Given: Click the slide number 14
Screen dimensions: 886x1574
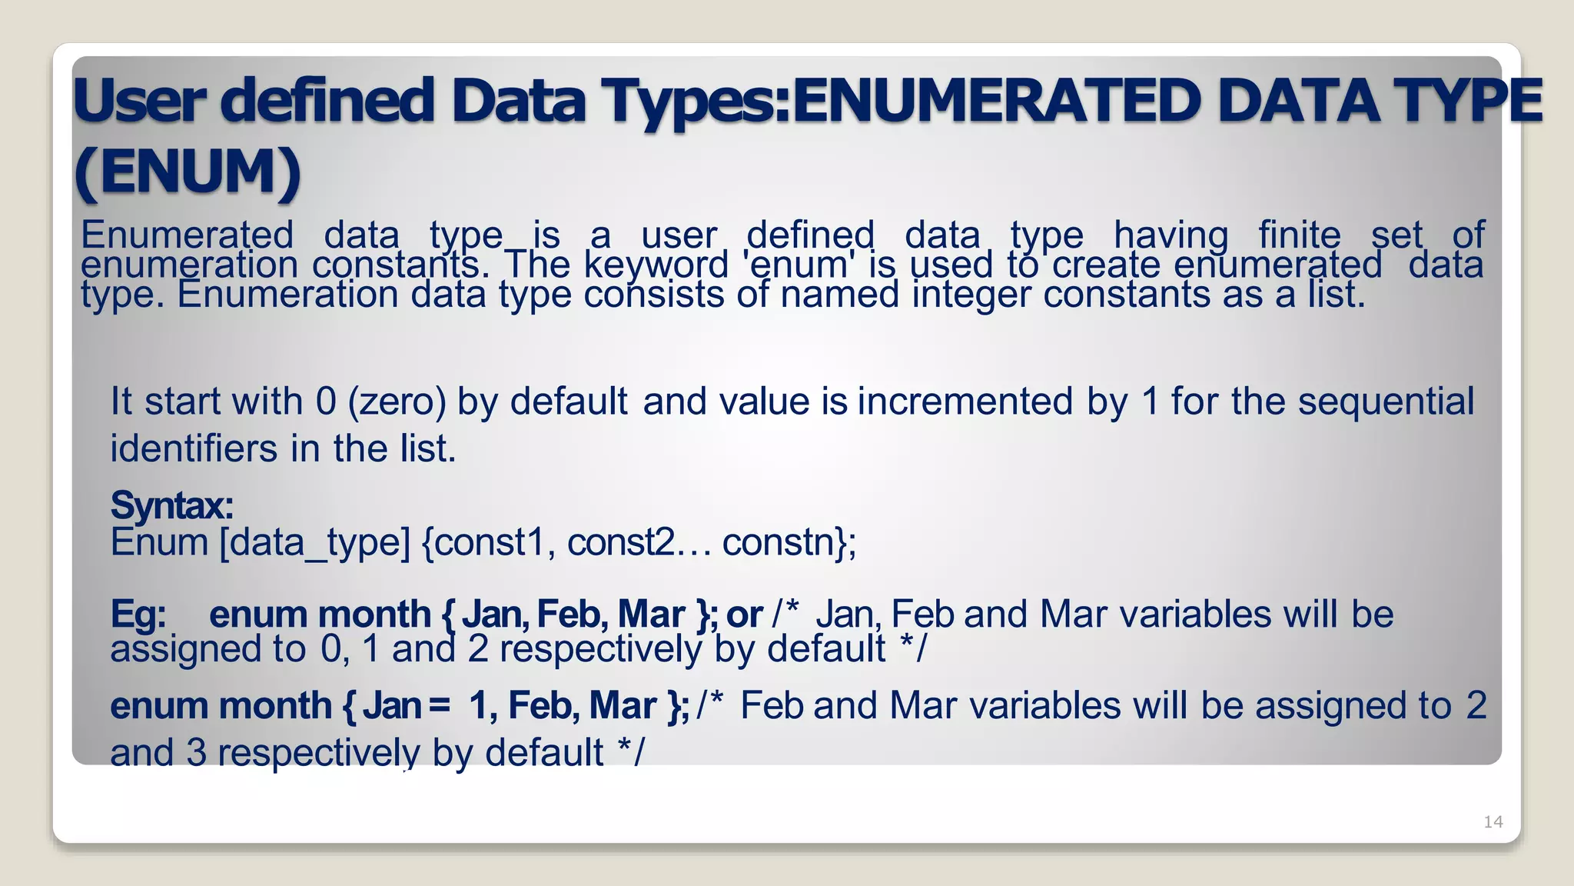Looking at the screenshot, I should [x=1493, y=822].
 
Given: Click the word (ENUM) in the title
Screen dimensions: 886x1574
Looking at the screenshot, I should [x=188, y=172].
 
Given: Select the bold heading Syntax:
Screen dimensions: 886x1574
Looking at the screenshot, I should [x=171, y=505].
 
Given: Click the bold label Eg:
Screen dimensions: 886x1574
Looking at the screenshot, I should [x=138, y=615].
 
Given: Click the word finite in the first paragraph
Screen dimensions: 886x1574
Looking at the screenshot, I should [x=1299, y=235].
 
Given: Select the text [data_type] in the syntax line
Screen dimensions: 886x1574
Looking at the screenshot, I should [x=315, y=543].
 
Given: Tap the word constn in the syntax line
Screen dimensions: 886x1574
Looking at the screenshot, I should [x=778, y=543].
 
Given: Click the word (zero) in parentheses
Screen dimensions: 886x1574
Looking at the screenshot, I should [x=397, y=402].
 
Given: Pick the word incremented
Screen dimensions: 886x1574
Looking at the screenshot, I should [x=965, y=402].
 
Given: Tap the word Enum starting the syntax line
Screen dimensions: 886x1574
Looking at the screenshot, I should [x=159, y=543].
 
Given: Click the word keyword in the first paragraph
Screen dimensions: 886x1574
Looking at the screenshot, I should [x=656, y=265].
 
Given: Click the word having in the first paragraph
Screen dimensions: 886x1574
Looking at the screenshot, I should [x=1171, y=235].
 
